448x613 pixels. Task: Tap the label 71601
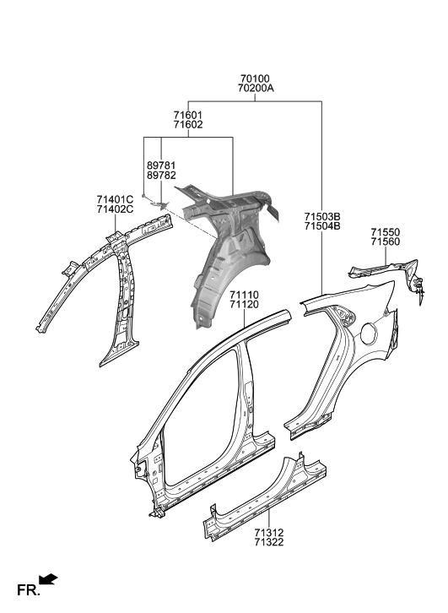187,114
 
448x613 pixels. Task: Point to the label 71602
187,125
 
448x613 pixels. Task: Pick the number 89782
160,177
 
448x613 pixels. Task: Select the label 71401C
115,199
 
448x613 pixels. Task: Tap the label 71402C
115,209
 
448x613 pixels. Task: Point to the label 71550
385,231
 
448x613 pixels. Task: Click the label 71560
385,242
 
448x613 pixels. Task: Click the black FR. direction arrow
49,579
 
